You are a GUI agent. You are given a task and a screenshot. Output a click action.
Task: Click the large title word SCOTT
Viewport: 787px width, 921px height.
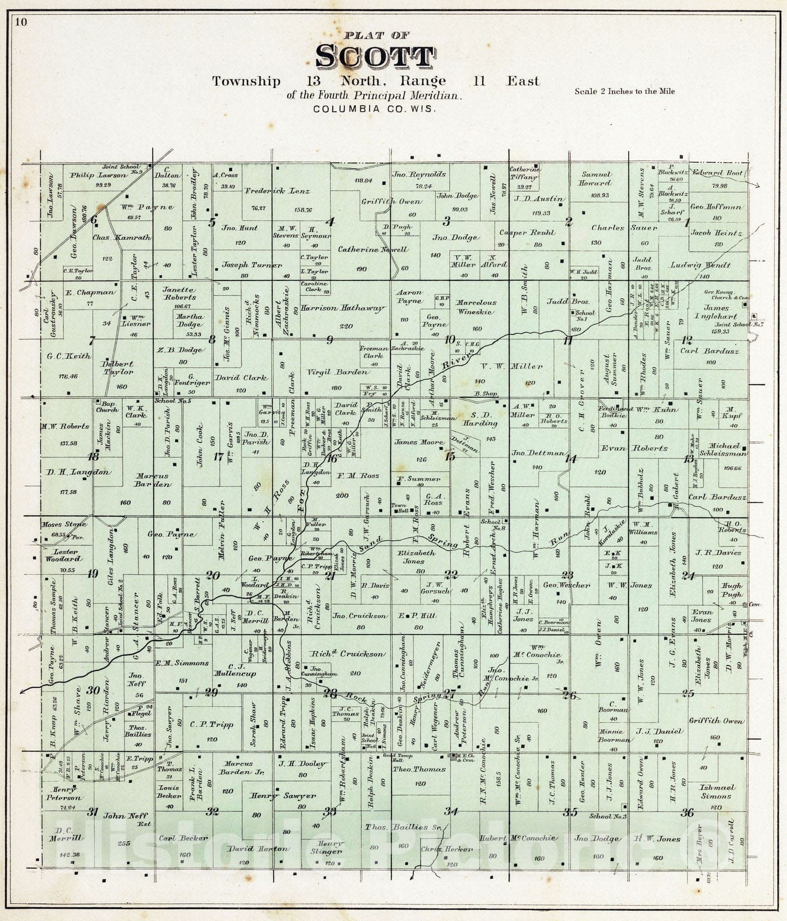coord(375,57)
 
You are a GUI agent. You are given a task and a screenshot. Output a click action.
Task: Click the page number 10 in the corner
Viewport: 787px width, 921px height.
coord(21,23)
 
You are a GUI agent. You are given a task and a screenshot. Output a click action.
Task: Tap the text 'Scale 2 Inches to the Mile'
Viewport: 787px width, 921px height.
coord(625,91)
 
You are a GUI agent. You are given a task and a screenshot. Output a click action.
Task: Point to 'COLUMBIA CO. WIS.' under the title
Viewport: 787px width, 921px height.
coord(375,108)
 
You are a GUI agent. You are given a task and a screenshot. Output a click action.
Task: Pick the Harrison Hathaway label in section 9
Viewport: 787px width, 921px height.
coord(342,309)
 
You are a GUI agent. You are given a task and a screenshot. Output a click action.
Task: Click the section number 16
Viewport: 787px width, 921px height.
coord(331,458)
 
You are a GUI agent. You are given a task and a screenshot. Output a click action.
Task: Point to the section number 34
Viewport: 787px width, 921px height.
coord(451,812)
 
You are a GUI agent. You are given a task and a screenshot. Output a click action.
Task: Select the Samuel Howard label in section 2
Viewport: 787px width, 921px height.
coord(596,178)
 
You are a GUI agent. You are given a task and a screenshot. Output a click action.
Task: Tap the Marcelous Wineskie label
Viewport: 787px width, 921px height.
coord(476,307)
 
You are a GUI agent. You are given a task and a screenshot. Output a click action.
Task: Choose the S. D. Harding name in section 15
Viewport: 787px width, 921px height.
coord(480,418)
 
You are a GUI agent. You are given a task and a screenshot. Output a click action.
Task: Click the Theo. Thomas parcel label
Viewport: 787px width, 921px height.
coord(420,769)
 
